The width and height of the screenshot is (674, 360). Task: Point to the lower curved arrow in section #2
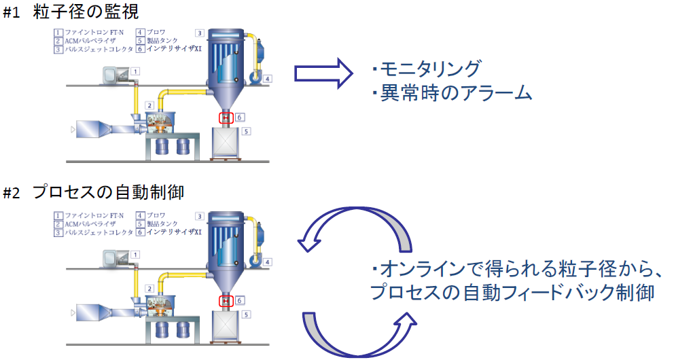357,333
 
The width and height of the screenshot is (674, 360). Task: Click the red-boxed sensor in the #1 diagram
225,118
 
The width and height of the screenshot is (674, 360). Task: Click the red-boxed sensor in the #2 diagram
225,300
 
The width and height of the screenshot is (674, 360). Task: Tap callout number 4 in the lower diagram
268,262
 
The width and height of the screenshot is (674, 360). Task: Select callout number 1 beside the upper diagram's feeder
135,71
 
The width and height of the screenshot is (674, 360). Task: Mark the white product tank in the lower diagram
226,327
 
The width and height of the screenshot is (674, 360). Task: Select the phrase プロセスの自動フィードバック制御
512,293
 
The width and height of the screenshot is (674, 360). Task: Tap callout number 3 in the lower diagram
200,215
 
